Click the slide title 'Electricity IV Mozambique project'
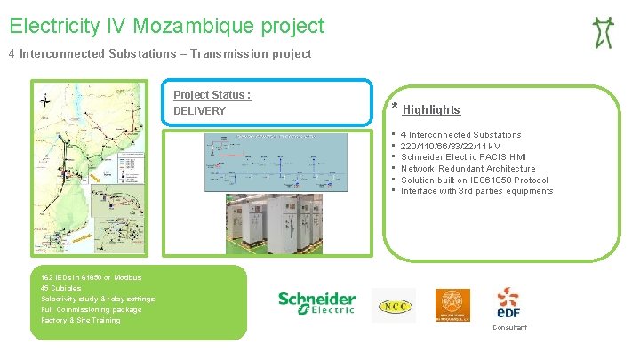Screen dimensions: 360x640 (167, 26)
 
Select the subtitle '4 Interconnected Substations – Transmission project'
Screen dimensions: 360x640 (160, 54)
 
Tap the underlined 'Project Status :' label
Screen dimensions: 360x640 (212, 95)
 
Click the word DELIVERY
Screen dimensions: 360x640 (199, 111)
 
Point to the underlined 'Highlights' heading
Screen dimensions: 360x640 (431, 110)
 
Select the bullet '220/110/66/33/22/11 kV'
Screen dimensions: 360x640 (450, 146)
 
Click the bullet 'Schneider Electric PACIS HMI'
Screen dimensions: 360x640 (463, 157)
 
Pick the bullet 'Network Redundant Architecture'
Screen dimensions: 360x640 (468, 168)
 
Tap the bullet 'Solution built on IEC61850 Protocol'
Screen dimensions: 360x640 (475, 180)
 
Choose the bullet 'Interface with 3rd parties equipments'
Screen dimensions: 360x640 (476, 191)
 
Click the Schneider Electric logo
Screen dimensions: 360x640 (316, 303)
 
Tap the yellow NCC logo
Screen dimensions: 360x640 (393, 305)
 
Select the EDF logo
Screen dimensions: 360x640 (508, 303)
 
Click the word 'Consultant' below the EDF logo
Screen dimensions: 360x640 (508, 327)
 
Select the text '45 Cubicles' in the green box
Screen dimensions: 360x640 (60, 288)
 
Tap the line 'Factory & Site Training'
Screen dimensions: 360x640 (80, 320)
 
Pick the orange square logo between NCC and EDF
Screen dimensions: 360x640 (452, 305)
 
